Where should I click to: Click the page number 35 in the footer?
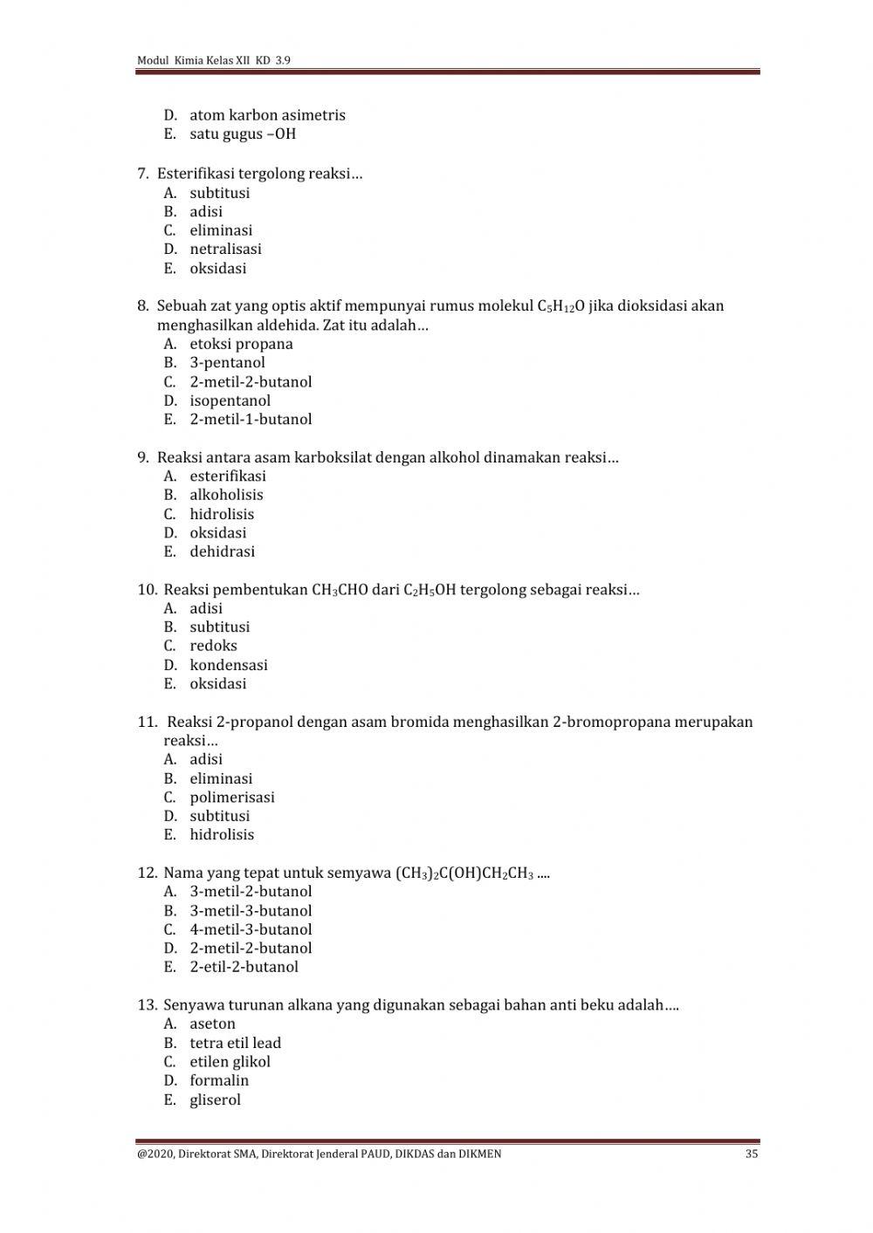tap(752, 1154)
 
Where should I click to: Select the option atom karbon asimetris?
tap(267, 115)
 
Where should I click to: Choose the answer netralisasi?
tap(225, 250)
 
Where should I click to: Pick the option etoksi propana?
tap(241, 344)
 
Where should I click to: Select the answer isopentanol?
tap(230, 401)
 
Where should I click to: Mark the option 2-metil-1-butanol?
tap(251, 420)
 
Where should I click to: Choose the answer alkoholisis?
tap(226, 495)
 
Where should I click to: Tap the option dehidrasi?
tap(222, 551)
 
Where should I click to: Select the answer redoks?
tap(213, 646)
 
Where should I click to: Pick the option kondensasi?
tap(229, 665)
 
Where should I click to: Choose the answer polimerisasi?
tap(232, 798)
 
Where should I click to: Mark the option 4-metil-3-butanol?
tap(251, 930)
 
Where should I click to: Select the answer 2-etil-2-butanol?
tap(244, 967)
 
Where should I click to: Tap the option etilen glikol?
tap(230, 1062)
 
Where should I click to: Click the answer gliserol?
tap(215, 1100)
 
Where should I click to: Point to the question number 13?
tap(147, 1005)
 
